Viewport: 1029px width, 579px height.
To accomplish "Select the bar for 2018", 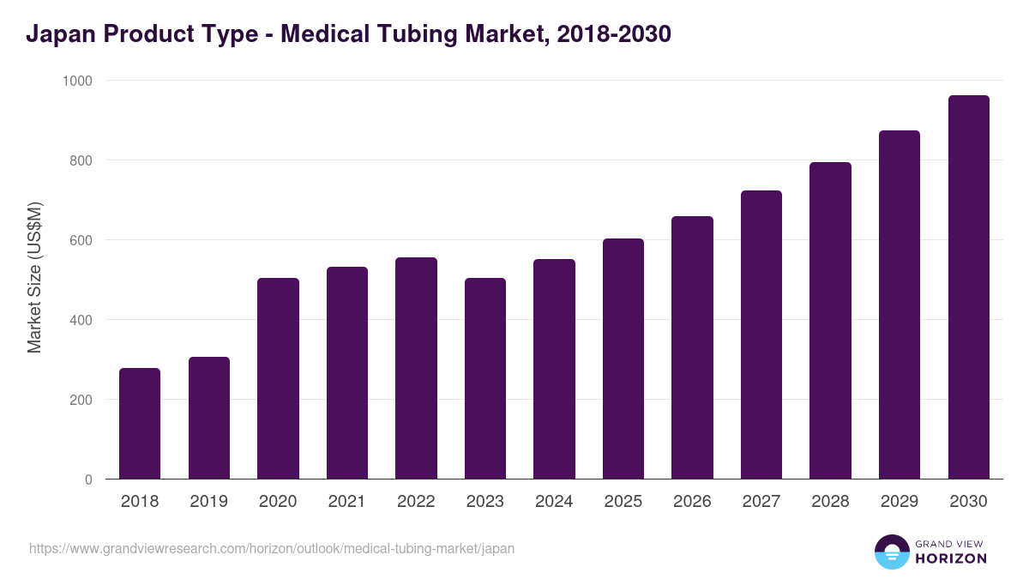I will tap(140, 424).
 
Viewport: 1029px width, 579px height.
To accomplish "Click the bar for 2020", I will tap(278, 378).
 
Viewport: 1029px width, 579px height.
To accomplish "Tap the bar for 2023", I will tap(485, 378).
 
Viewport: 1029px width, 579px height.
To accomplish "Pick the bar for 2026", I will tap(692, 347).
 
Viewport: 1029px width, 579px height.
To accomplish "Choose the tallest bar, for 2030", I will tap(968, 287).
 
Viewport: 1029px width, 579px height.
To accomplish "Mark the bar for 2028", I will tap(830, 321).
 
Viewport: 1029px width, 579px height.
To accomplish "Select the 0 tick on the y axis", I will tap(88, 479).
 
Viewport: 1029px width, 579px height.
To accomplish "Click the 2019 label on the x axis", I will tap(208, 502).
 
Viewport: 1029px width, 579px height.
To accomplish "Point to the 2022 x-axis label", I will tap(416, 502).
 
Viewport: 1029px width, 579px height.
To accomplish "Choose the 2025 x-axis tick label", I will tap(623, 502).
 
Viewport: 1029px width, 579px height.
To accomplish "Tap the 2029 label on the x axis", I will tap(899, 502).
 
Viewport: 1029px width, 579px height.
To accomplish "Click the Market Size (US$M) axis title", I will tap(34, 278).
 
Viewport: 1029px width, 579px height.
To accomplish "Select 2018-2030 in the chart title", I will tap(613, 34).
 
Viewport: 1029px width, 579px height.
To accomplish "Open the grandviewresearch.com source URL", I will tap(272, 549).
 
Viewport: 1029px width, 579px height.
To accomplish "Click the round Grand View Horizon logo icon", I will tap(892, 552).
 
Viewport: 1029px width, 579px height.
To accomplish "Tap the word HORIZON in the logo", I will tap(952, 558).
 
